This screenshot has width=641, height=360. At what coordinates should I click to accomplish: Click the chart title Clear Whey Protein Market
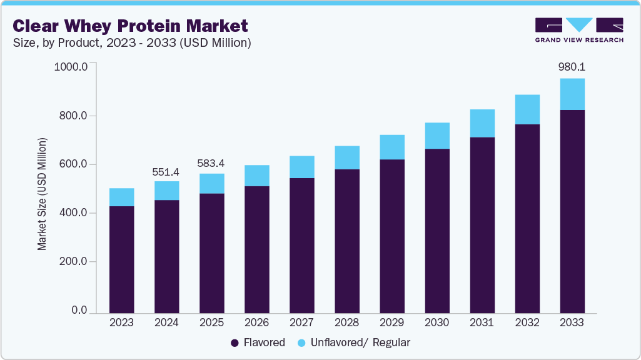pos(130,26)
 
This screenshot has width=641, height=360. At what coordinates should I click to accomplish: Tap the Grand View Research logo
pos(579,29)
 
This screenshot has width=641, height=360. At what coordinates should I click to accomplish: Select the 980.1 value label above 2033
pos(572,66)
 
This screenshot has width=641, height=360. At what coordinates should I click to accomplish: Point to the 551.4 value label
pos(166,171)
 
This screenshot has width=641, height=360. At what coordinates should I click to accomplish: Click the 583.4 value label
pos(211,163)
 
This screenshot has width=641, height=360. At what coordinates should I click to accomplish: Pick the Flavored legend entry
pos(258,342)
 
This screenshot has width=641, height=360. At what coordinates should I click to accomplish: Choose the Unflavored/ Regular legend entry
pos(353,342)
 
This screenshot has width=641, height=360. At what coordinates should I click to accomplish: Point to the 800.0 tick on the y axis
pos(74,116)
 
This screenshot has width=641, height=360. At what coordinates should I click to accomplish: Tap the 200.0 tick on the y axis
pos(74,262)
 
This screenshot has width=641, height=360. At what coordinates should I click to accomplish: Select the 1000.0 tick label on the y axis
pos(71,67)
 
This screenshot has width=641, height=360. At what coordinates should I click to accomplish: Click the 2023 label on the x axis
pos(121,322)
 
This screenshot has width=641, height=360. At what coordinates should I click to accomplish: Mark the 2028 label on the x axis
pos(346,322)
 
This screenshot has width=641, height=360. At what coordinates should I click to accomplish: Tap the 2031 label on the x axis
pos(482,322)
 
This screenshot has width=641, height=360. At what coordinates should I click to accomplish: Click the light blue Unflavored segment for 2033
pos(572,94)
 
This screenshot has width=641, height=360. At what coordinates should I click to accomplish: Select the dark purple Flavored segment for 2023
pos(121,259)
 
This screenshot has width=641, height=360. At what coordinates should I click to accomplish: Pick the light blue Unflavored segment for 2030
pos(437,136)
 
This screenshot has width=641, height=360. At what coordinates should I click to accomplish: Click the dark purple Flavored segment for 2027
pos(301,245)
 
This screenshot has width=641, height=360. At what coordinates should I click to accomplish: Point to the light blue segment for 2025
pos(211,183)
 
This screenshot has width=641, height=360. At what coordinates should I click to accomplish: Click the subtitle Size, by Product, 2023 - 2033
pos(132,43)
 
